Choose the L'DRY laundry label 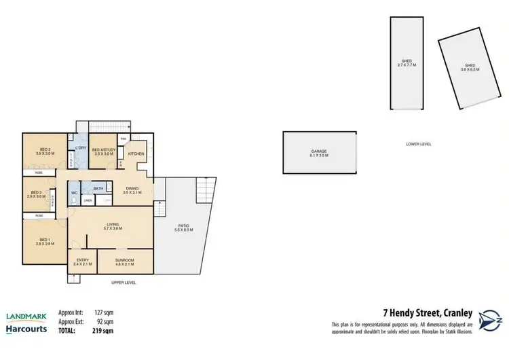click(x=80, y=149)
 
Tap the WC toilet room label click(x=75, y=193)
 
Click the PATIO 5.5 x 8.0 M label click(x=184, y=228)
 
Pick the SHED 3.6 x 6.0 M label click(x=470, y=67)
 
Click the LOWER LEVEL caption click(x=419, y=144)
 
